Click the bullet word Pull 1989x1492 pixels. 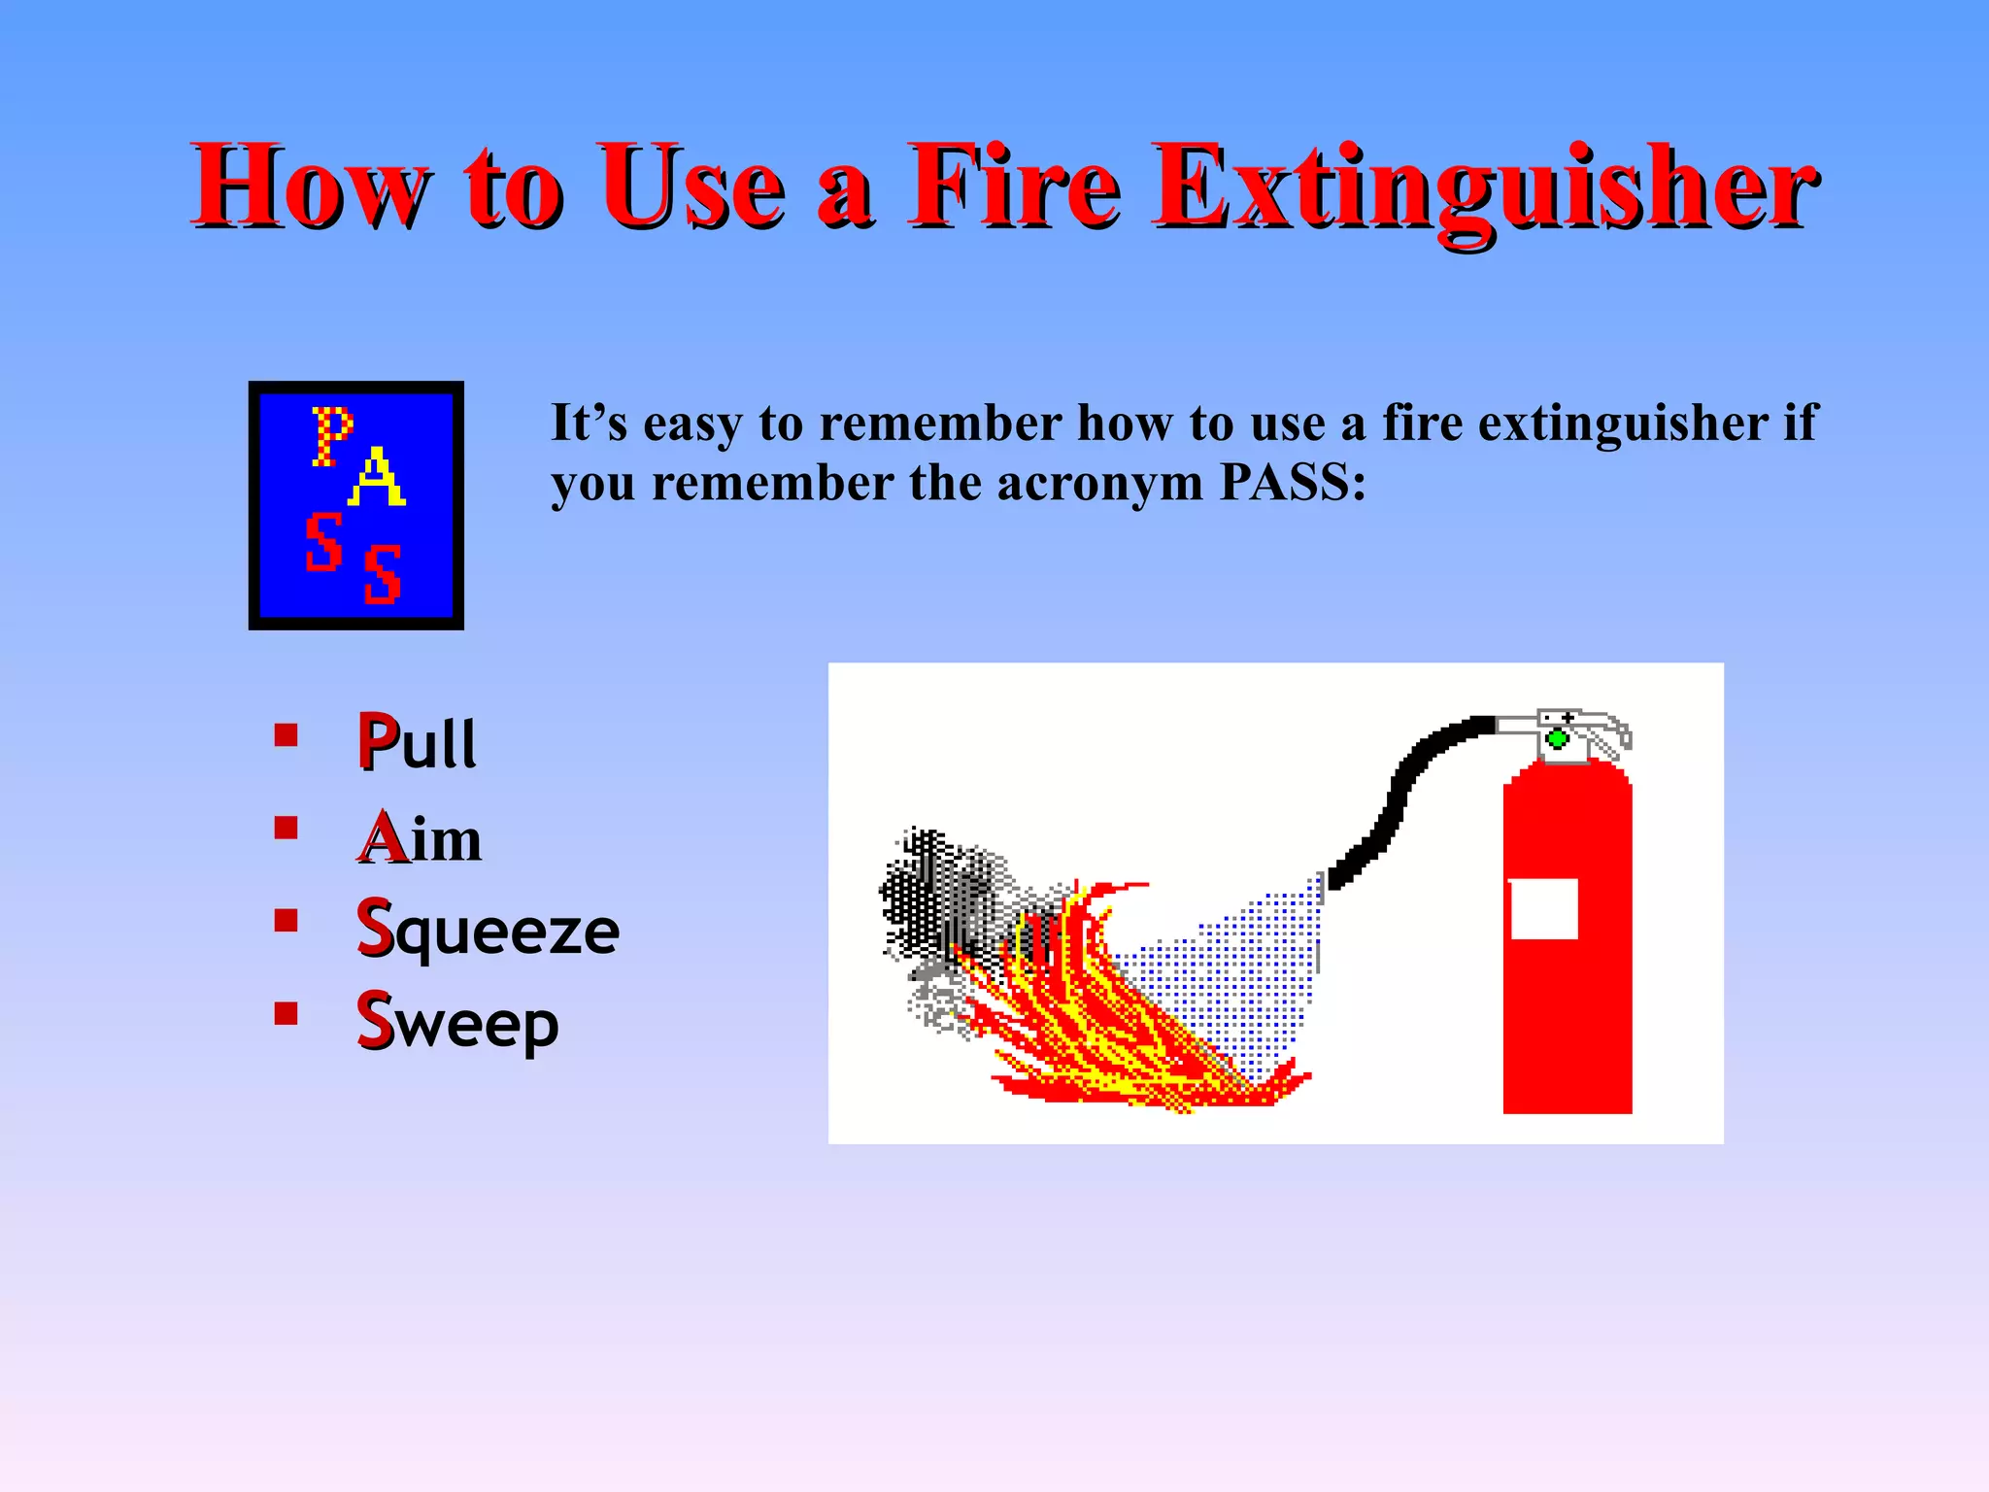tap(417, 742)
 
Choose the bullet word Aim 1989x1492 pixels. tap(419, 836)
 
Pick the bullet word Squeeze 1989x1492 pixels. tap(488, 930)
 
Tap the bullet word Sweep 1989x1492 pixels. tap(457, 1021)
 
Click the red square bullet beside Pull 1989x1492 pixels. tap(286, 734)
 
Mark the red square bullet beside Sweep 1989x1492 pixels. tap(286, 1013)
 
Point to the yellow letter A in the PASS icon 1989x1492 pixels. tap(376, 477)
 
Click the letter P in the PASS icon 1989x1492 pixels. tap(331, 436)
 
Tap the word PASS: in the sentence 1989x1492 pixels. tap(1292, 482)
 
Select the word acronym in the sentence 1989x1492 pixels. tap(1099, 484)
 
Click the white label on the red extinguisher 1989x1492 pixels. tap(1543, 909)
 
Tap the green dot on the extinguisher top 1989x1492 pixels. tap(1557, 739)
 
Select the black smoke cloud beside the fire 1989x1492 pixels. tap(932, 894)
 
